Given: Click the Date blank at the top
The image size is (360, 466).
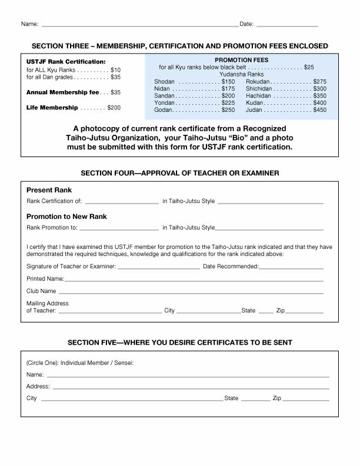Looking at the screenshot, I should tap(287, 25).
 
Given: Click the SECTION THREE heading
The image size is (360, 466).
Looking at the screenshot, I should tap(179, 46).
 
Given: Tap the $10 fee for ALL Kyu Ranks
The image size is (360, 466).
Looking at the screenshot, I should tap(115, 70).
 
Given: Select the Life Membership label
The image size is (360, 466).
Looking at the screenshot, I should tap(52, 108).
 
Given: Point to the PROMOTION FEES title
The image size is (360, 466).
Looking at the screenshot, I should tap(241, 60).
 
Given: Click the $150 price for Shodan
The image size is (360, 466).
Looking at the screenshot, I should tap(228, 81).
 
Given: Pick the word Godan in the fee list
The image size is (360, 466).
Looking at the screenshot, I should tap(163, 110).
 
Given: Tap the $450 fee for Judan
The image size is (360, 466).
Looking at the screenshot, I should tap(319, 110).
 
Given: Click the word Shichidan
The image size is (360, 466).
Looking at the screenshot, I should tap(259, 88).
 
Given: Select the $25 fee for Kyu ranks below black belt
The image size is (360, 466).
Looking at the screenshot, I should tap(309, 68).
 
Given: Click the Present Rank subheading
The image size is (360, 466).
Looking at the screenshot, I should tap(49, 190).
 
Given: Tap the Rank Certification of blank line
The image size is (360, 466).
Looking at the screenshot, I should tap(122, 202).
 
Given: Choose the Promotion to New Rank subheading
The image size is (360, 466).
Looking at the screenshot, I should tap(66, 217).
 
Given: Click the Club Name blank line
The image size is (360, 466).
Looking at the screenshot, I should tap(191, 292).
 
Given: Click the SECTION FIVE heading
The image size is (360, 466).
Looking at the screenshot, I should tap(179, 342).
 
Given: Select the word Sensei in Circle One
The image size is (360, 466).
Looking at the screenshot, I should tap(122, 362).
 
